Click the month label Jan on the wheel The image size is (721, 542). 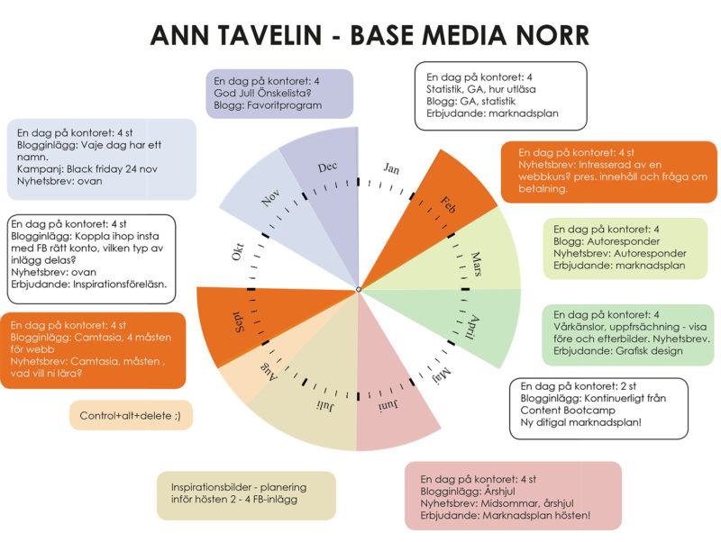click(x=391, y=168)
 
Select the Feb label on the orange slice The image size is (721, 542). click(x=448, y=204)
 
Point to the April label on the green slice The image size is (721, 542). click(x=474, y=324)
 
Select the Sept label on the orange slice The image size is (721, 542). click(x=242, y=319)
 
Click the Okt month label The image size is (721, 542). click(x=239, y=253)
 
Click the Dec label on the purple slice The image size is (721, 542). click(x=327, y=168)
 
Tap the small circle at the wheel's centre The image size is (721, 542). click(x=359, y=289)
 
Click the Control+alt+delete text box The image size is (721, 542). click(x=131, y=416)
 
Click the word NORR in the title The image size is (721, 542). click(x=547, y=35)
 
